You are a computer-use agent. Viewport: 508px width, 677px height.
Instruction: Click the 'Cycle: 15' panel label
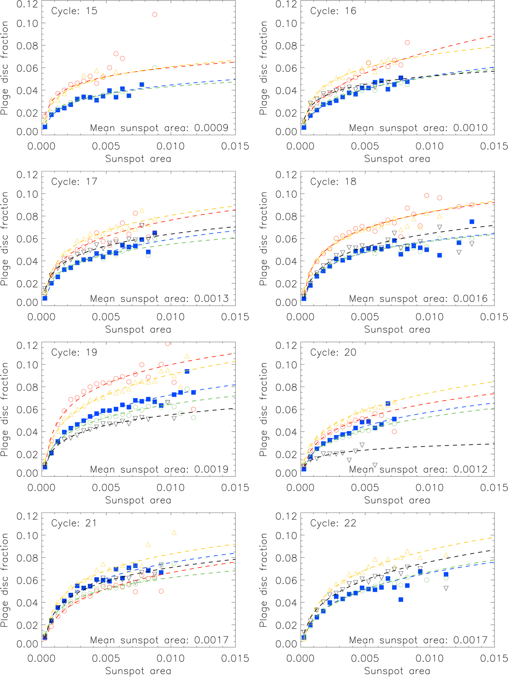pyautogui.click(x=74, y=11)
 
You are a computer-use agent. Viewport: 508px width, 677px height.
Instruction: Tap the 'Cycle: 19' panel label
pyautogui.click(x=74, y=353)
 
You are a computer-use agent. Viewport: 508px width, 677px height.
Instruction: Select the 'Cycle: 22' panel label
pyautogui.click(x=333, y=524)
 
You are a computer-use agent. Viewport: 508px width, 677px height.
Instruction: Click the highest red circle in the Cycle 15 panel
pyautogui.click(x=155, y=14)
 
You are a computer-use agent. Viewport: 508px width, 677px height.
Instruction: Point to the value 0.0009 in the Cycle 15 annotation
pyautogui.click(x=211, y=128)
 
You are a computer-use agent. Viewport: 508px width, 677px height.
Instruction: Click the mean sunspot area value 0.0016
pyautogui.click(x=470, y=299)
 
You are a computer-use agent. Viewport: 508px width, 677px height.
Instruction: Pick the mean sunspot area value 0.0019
pyautogui.click(x=211, y=470)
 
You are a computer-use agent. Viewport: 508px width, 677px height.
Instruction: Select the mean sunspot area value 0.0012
pyautogui.click(x=470, y=470)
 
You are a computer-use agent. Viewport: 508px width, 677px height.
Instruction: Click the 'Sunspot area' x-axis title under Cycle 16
pyautogui.click(x=397, y=159)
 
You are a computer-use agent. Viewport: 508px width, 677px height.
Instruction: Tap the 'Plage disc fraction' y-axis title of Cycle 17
pyautogui.click(x=5, y=239)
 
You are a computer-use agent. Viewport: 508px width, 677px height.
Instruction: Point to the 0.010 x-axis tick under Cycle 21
pyautogui.click(x=171, y=658)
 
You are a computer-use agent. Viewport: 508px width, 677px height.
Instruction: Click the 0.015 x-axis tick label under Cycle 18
pyautogui.click(x=494, y=317)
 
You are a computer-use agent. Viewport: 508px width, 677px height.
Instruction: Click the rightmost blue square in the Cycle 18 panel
pyautogui.click(x=472, y=222)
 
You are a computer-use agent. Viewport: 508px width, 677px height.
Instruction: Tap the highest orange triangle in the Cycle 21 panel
pyautogui.click(x=174, y=532)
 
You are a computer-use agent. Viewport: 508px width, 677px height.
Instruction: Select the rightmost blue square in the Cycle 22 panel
pyautogui.click(x=446, y=574)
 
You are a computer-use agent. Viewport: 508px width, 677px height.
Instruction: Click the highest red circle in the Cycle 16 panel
pyautogui.click(x=407, y=42)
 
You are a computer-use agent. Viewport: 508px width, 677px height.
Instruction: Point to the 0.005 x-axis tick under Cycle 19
pyautogui.click(x=106, y=488)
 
